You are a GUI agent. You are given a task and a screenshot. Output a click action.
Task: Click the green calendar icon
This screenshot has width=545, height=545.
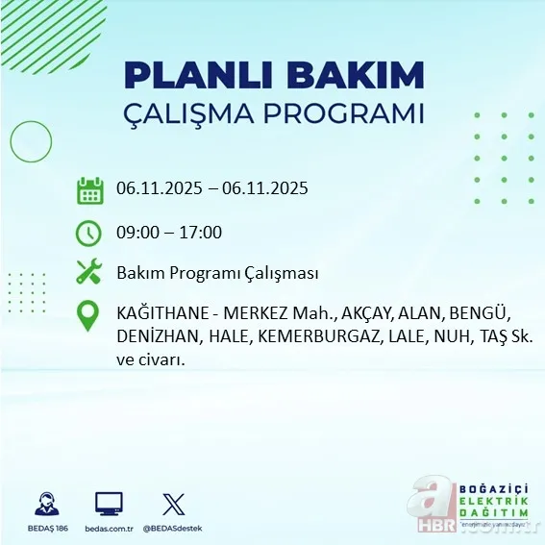[x=89, y=189]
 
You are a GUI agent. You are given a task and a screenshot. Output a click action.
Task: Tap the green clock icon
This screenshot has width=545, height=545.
[x=89, y=233]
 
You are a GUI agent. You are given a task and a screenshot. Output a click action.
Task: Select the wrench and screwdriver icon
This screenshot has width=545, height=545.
[x=89, y=273]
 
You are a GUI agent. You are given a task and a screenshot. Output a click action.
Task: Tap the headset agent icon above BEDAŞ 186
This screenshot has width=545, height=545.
[x=46, y=504]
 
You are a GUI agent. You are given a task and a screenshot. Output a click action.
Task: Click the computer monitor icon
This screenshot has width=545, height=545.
[x=109, y=504]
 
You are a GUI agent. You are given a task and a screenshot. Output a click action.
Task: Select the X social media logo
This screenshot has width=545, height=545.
[x=173, y=504]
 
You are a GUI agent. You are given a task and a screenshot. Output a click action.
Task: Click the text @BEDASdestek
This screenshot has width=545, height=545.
[x=173, y=529]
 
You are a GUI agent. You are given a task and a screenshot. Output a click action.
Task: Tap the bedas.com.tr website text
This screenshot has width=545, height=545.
[x=109, y=529]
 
